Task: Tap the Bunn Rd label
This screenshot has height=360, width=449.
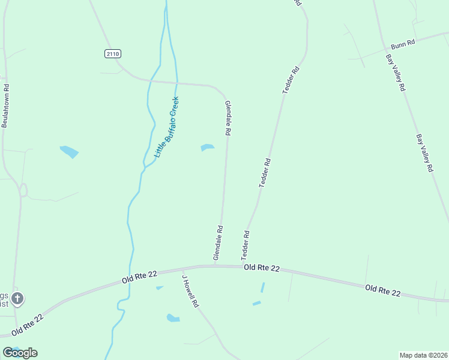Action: pos(403,45)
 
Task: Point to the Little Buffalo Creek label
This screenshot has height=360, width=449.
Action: pos(167,127)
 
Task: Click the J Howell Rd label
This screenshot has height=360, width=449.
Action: pos(190,292)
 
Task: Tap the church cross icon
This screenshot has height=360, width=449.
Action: pos(17,298)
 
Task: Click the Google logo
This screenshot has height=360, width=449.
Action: pos(20,353)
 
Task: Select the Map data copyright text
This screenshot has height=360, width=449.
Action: pos(423,355)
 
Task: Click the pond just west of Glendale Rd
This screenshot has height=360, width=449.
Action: pos(207,148)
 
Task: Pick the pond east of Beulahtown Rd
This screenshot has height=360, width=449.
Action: pos(69,152)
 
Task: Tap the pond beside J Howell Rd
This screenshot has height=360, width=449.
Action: pos(173,318)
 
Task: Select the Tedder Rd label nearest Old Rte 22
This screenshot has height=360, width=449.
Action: pos(245,245)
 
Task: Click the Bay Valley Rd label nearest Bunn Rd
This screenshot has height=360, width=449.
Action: pos(395,73)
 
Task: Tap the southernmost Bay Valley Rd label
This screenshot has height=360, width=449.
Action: pos(424,153)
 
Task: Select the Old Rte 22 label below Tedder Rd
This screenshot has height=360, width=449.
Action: pos(262,269)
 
